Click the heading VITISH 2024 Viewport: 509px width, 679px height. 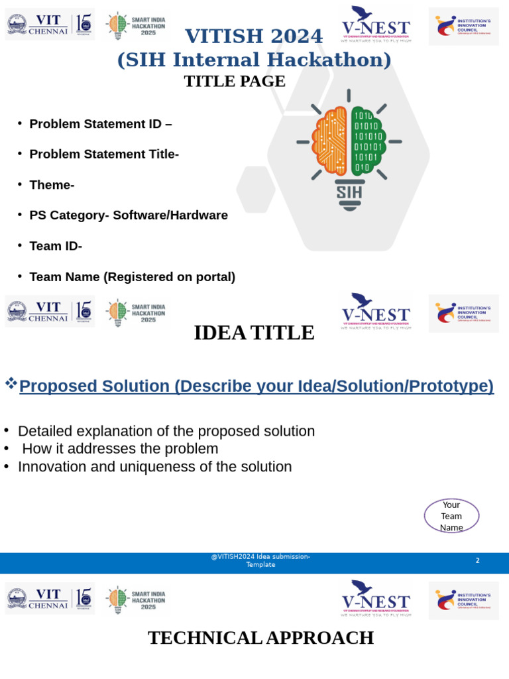pyautogui.click(x=254, y=36)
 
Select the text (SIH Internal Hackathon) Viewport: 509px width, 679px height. pyautogui.click(x=254, y=60)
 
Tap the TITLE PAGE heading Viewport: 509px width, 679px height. pyautogui.click(x=235, y=82)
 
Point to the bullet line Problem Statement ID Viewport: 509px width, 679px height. pyautogui.click(x=100, y=124)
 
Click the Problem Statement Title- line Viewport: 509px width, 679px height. pyautogui.click(x=104, y=154)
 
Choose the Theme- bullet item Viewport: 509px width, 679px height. pyautogui.click(x=52, y=185)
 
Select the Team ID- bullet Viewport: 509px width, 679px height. pyautogui.click(x=56, y=246)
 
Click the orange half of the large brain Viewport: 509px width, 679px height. pyautogui.click(x=331, y=139)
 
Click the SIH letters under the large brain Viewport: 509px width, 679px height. pyautogui.click(x=349, y=192)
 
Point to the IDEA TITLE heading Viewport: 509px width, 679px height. pyautogui.click(x=254, y=333)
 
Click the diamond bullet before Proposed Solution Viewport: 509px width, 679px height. pyautogui.click(x=11, y=383)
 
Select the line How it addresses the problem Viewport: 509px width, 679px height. pyautogui.click(x=120, y=449)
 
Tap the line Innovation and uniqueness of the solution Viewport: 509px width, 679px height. pyautogui.click(x=154, y=467)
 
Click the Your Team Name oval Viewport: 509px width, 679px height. pyautogui.click(x=451, y=516)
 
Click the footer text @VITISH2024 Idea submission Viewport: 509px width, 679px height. pyautogui.click(x=260, y=557)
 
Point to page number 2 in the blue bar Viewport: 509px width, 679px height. pyautogui.click(x=477, y=561)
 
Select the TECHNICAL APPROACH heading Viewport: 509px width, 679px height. pyautogui.click(x=260, y=638)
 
